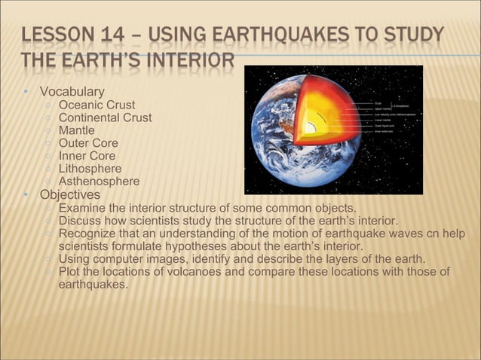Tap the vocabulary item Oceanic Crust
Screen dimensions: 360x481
[x=97, y=105]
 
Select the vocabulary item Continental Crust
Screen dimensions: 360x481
[x=105, y=118]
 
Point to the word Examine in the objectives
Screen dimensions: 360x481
[x=81, y=208]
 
